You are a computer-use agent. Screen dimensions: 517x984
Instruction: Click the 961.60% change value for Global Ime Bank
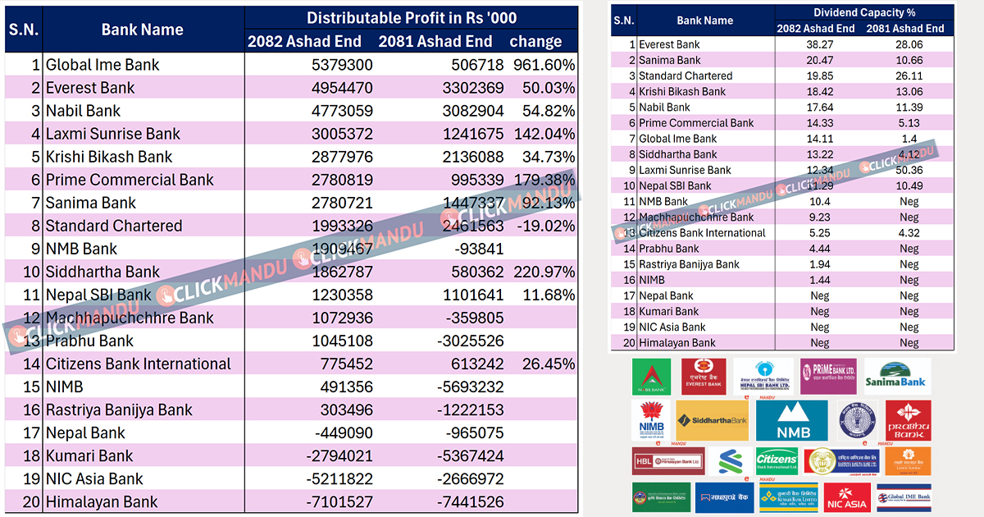point(543,65)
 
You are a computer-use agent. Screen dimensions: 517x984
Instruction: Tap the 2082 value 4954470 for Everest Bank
point(342,88)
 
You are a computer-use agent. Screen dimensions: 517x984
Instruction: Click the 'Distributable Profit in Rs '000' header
point(411,18)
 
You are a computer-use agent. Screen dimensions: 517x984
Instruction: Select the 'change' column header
point(535,41)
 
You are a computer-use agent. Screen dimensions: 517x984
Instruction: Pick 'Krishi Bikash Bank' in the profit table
point(109,157)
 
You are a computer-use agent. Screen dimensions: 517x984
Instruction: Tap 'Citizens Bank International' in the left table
point(139,364)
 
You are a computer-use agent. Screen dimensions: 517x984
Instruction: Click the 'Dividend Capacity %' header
point(864,12)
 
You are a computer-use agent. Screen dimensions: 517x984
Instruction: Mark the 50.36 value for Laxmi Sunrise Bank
point(909,170)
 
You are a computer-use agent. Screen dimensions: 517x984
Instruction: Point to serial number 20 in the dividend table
point(629,343)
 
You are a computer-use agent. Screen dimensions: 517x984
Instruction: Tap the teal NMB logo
point(790,421)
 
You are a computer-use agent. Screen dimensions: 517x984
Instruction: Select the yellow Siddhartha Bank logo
point(712,421)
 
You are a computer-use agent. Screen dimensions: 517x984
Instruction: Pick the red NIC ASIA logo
point(847,497)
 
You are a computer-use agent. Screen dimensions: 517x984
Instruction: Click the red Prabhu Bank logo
point(908,421)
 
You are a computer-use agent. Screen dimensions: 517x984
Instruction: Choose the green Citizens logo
point(776,461)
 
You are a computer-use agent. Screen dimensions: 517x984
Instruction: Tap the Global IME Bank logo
point(904,497)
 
